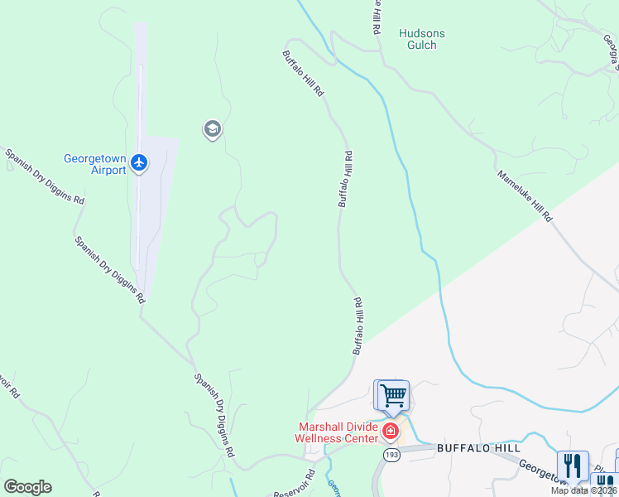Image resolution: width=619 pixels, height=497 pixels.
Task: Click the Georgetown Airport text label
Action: click(x=95, y=164)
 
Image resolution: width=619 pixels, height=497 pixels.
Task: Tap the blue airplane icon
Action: click(x=138, y=163)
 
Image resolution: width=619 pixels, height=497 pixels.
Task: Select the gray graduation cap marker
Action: click(x=212, y=129)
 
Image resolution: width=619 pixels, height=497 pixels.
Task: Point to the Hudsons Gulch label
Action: click(x=422, y=39)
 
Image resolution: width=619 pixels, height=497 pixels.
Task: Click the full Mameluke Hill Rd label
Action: click(x=525, y=196)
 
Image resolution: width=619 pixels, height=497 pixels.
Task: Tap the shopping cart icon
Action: click(x=392, y=394)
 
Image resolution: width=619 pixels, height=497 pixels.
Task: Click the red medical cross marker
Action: click(x=390, y=432)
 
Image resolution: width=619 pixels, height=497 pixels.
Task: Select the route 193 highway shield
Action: click(x=390, y=455)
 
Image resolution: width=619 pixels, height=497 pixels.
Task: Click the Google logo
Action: click(x=27, y=486)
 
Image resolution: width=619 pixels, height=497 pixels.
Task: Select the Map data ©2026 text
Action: click(x=583, y=490)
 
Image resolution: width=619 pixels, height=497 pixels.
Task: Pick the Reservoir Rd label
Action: click(x=301, y=484)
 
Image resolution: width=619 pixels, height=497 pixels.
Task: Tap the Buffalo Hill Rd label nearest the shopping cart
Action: click(x=358, y=326)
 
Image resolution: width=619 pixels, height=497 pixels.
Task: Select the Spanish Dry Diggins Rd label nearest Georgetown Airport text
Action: click(x=45, y=176)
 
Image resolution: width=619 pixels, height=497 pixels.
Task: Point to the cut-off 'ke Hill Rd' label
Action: click(x=375, y=16)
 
